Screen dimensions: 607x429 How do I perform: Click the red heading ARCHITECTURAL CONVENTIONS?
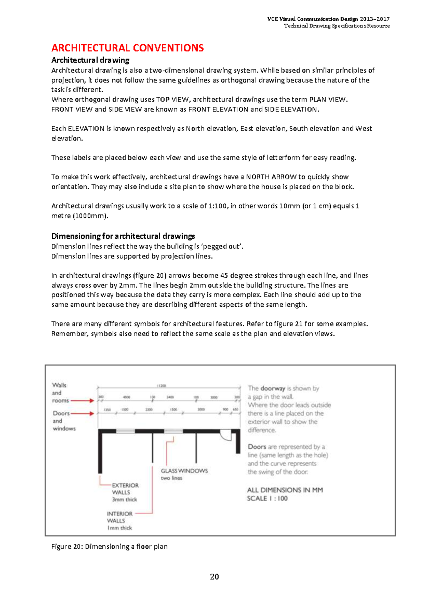(x=127, y=48)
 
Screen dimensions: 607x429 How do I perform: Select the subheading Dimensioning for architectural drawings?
(x=123, y=236)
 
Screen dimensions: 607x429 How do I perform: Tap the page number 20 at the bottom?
(x=214, y=577)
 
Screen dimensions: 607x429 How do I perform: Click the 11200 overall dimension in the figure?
(x=162, y=386)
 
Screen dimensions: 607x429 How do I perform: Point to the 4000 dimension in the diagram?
(x=127, y=397)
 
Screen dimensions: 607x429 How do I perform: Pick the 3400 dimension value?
(x=170, y=397)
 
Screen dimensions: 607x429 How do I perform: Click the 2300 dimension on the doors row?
(x=149, y=410)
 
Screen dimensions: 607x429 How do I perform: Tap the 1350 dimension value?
(x=107, y=410)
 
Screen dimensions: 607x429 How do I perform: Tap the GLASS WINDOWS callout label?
(x=184, y=471)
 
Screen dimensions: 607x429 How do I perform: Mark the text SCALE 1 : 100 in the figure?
(x=267, y=498)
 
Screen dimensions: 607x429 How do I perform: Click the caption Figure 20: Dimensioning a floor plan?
(x=109, y=546)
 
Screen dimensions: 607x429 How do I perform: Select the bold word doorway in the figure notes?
(x=273, y=388)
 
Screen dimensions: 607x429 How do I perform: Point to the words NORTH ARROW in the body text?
(x=271, y=177)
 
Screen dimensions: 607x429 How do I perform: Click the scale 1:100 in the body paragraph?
(x=217, y=206)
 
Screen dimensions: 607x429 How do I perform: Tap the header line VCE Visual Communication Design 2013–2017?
(x=328, y=19)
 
